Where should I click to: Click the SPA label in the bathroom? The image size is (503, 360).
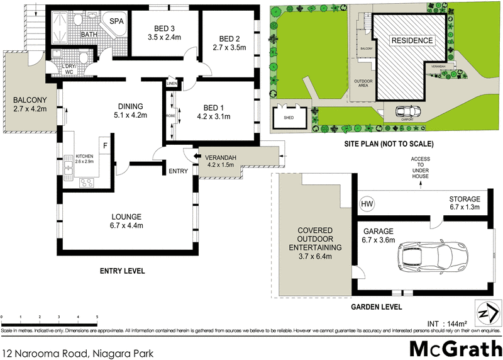coord(116,21)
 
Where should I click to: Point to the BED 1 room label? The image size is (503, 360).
coord(214,106)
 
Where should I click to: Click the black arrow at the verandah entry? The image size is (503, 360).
coord(196,157)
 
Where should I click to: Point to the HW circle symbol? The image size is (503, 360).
coord(367,205)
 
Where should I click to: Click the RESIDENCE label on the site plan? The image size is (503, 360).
coord(412,41)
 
